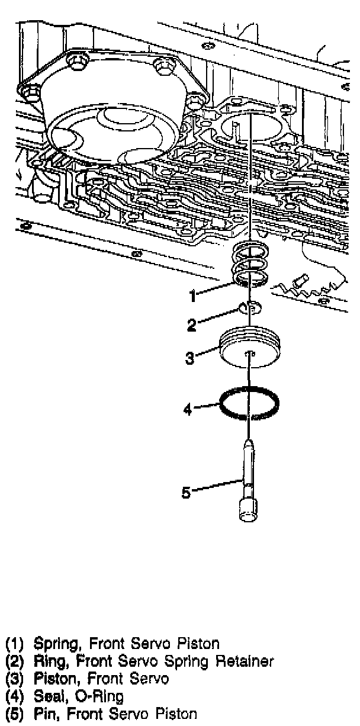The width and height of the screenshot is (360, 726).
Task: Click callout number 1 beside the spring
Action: pos(192,293)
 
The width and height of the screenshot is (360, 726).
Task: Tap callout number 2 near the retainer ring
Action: pos(191,325)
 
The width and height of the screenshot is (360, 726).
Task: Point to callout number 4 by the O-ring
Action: pos(187,409)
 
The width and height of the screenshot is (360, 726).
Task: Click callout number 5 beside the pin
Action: pos(186,492)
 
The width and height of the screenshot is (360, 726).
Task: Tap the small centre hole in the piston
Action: pos(250,354)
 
